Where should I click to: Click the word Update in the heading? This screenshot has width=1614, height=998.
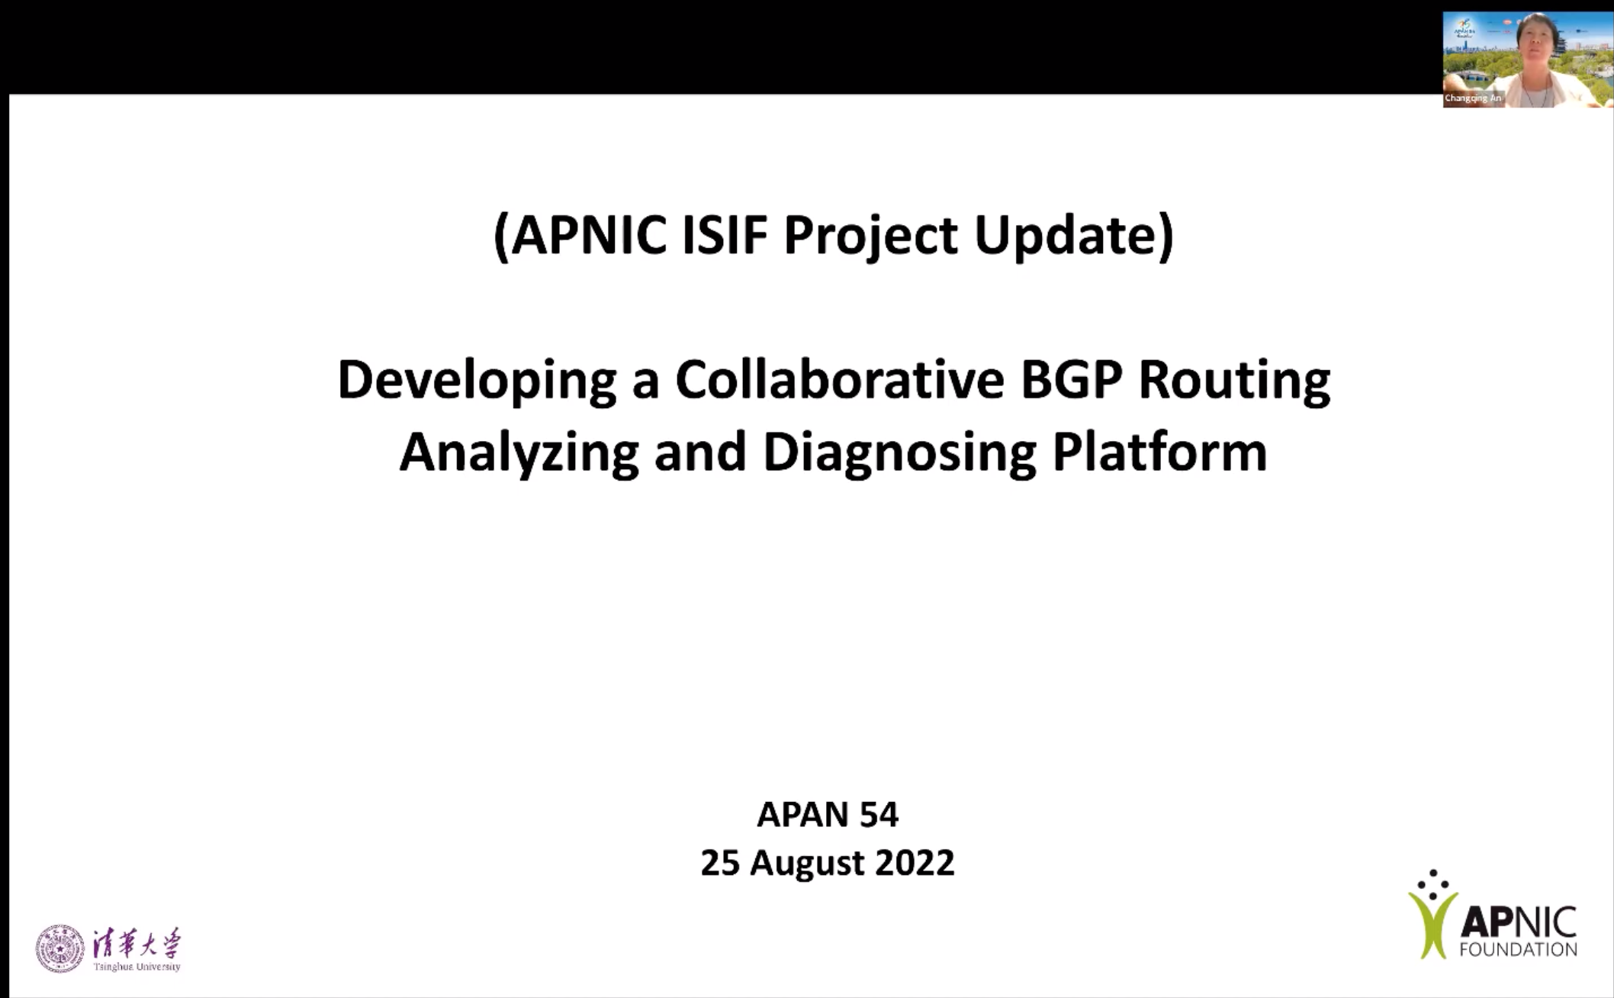coord(1066,237)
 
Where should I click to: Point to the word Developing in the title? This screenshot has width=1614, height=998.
coord(477,381)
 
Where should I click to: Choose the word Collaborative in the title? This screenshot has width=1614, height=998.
coord(840,379)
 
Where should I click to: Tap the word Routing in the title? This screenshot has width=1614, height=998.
coord(1234,381)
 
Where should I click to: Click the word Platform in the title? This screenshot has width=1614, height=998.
coord(1159,451)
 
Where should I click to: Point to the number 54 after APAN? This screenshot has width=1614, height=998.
coord(879,814)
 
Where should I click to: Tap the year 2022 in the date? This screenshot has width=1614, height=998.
coord(915,863)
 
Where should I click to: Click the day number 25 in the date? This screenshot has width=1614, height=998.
coord(720,863)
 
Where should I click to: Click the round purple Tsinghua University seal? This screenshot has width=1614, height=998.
coord(60,948)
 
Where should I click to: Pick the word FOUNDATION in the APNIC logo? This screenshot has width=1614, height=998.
coord(1518,949)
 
